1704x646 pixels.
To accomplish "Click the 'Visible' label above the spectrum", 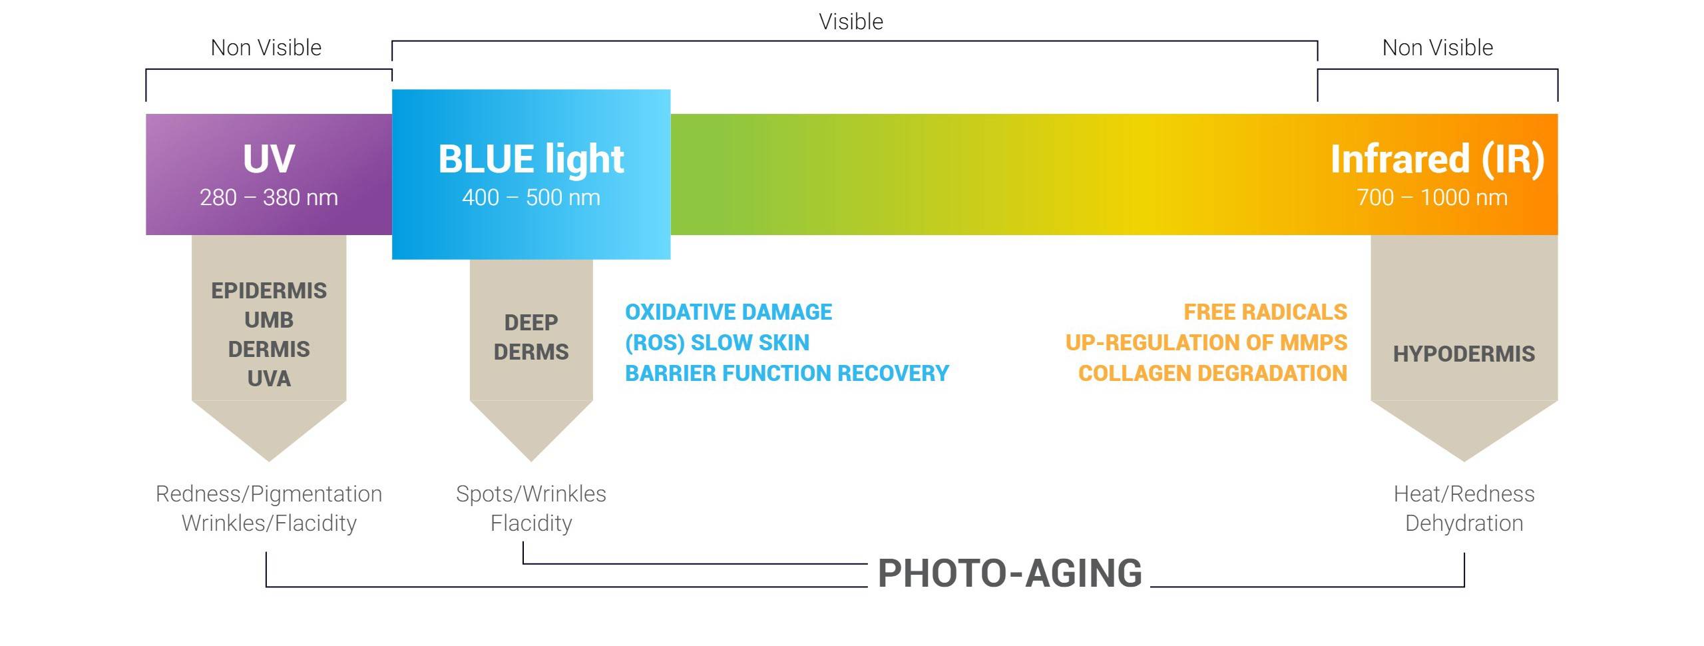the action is pyautogui.click(x=851, y=22).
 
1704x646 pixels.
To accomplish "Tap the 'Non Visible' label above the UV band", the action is pyautogui.click(x=266, y=48).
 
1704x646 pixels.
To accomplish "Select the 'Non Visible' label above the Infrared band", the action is pyautogui.click(x=1438, y=48).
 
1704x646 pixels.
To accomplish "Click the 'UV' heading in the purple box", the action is pyautogui.click(x=269, y=159).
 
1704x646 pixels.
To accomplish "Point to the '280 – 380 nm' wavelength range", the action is pyautogui.click(x=269, y=198).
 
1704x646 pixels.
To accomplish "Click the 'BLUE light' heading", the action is pyautogui.click(x=531, y=159).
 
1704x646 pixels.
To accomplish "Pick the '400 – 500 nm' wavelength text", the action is pyautogui.click(x=531, y=198).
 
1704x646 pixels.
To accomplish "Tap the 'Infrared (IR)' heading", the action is pyautogui.click(x=1438, y=160).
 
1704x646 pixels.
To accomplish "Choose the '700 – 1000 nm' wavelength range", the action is pyautogui.click(x=1432, y=198).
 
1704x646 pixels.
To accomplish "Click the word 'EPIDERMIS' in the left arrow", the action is pyautogui.click(x=269, y=291).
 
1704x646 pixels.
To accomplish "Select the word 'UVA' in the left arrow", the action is pyautogui.click(x=269, y=379).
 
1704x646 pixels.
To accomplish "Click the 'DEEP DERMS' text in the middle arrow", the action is pyautogui.click(x=531, y=337).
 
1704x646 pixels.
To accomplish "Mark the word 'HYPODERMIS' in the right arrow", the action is pyautogui.click(x=1464, y=354).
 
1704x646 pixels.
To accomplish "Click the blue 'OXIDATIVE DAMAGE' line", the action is pyautogui.click(x=728, y=312).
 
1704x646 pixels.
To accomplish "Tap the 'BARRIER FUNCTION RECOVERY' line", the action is pyautogui.click(x=787, y=374).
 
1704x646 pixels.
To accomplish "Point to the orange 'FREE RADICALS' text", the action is pyautogui.click(x=1265, y=312).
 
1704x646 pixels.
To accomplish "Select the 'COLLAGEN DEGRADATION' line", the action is pyautogui.click(x=1213, y=374).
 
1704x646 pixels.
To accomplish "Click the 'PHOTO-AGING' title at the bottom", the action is pyautogui.click(x=1010, y=573).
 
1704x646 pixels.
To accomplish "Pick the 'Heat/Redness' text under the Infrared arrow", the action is pyautogui.click(x=1464, y=494).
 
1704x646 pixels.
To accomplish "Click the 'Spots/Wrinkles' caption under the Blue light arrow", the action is pyautogui.click(x=531, y=494).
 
